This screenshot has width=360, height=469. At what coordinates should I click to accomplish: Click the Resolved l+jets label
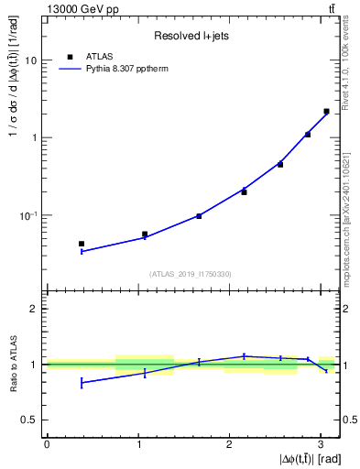[191, 36]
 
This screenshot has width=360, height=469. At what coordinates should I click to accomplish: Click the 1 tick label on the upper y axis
[34, 138]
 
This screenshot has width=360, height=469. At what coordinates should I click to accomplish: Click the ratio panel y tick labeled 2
[34, 310]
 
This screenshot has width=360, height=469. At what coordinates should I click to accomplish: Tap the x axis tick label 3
[322, 444]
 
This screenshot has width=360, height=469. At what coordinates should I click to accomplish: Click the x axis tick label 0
[47, 444]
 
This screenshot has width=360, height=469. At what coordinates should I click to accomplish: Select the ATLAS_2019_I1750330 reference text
[191, 274]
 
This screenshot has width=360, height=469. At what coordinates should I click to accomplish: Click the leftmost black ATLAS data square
[82, 244]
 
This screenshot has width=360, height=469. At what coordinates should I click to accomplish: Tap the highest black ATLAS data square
[326, 112]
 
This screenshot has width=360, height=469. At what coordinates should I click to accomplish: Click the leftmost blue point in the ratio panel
[82, 383]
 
